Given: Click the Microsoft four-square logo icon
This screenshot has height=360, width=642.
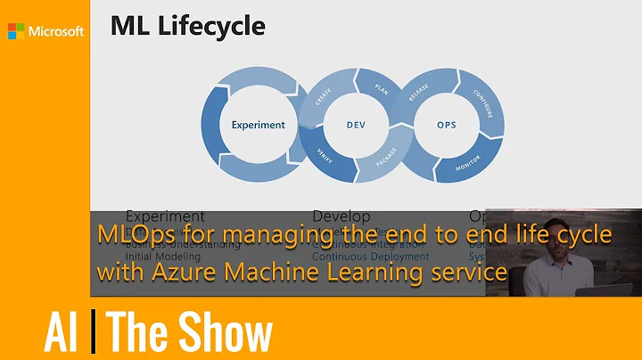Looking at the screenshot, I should pyautogui.click(x=16, y=31).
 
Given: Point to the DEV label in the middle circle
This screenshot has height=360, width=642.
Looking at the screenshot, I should pyautogui.click(x=357, y=125).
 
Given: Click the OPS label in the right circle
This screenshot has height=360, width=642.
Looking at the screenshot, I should pyautogui.click(x=447, y=125).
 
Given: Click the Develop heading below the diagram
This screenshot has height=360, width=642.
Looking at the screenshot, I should pyautogui.click(x=342, y=216).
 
